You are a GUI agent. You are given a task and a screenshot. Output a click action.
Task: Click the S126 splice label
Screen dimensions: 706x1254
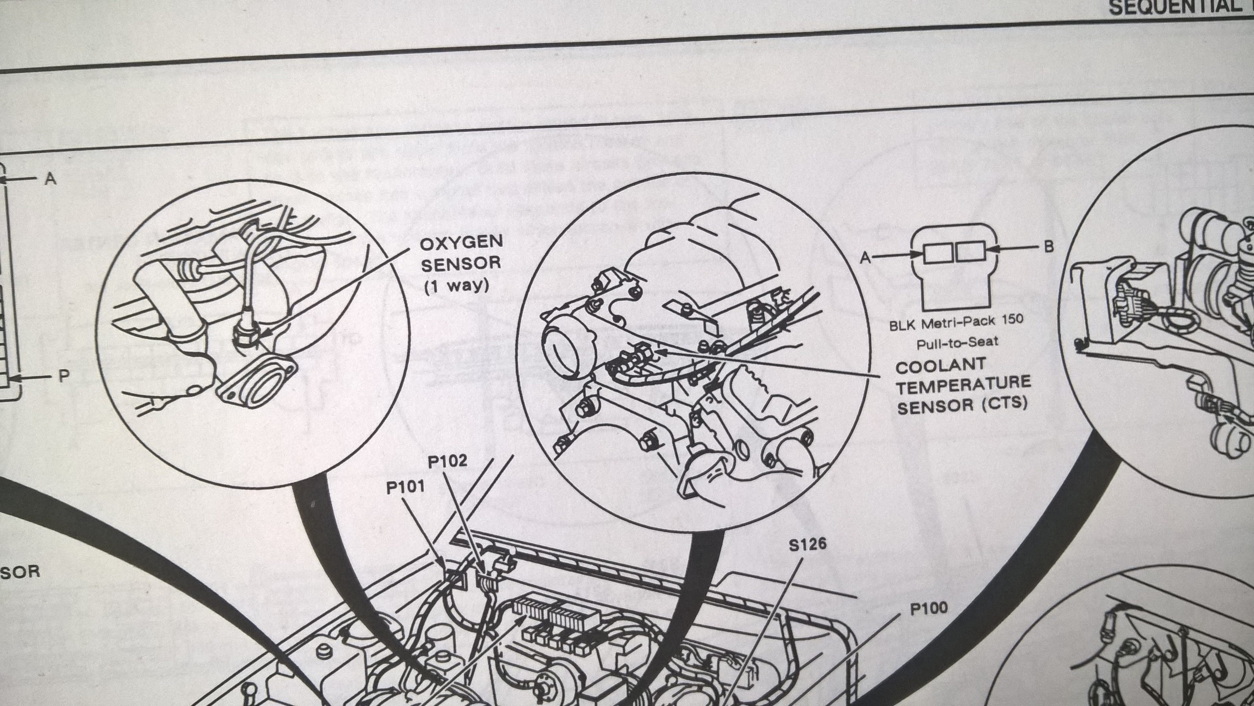[808, 544]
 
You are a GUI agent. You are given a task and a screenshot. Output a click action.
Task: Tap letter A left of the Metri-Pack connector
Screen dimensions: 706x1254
[865, 257]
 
